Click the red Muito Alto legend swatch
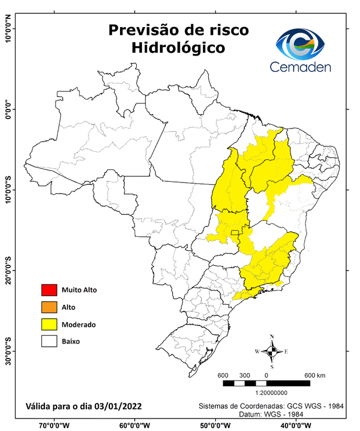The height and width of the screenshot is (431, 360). point(49,290)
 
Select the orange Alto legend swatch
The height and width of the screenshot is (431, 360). point(49,307)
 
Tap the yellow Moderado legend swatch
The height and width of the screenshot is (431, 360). point(49,324)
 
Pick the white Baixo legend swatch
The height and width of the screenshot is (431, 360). point(49,341)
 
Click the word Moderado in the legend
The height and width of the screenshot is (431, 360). point(79,324)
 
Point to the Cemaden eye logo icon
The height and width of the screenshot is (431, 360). point(303,44)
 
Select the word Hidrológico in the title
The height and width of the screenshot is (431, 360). point(178,48)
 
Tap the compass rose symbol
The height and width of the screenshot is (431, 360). point(272,352)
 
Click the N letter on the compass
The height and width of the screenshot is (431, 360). point(272,337)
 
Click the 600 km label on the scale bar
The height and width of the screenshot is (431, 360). point(315,375)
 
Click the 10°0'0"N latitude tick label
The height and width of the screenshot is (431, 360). point(8,29)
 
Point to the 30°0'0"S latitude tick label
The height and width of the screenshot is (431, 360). point(8,351)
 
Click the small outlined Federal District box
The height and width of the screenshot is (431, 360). point(235,232)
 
